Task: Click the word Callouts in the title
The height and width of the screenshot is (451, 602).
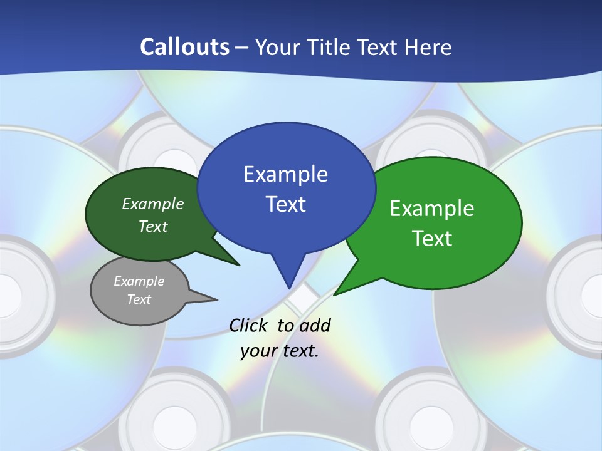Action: tap(184, 47)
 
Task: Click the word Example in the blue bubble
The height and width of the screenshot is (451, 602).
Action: tap(285, 174)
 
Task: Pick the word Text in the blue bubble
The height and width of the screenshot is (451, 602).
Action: tap(285, 204)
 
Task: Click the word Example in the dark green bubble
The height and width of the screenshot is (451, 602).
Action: tap(153, 204)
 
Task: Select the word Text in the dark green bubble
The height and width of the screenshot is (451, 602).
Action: tap(153, 226)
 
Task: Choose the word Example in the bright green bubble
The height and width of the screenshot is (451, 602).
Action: tap(432, 209)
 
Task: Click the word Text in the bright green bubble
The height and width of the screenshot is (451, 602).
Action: tap(432, 239)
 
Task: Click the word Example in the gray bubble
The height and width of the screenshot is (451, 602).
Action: tap(139, 281)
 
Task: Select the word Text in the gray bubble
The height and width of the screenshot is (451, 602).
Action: tap(139, 299)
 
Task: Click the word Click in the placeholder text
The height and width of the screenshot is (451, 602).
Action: tap(249, 325)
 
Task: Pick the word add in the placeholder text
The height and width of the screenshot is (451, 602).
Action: tap(315, 325)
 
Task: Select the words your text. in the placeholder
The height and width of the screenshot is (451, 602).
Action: tap(280, 351)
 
